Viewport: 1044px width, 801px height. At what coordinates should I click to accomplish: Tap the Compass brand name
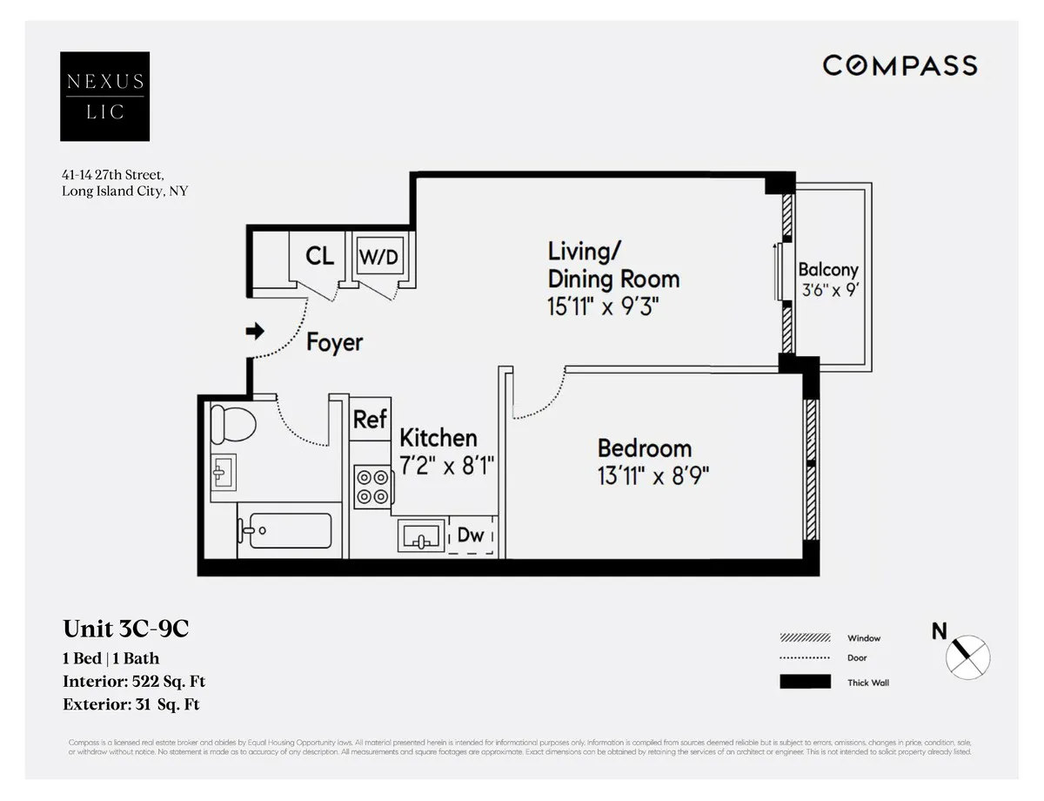click(900, 65)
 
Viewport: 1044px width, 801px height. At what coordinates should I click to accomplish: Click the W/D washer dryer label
click(379, 258)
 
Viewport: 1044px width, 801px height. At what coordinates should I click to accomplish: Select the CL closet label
click(320, 257)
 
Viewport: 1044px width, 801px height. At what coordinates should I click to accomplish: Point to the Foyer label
click(334, 342)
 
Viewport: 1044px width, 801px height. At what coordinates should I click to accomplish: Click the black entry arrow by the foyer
click(256, 331)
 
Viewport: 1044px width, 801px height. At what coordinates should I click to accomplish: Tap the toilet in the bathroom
click(233, 424)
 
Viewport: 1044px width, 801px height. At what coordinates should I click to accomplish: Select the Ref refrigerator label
click(370, 420)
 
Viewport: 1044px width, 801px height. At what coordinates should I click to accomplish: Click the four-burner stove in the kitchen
click(372, 487)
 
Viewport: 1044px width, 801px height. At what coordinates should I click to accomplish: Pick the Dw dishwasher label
click(471, 535)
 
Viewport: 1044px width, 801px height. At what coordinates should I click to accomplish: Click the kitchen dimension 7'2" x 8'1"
click(446, 467)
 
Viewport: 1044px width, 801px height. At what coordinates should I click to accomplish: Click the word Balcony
click(827, 270)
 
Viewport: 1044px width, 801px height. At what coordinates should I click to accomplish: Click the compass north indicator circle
click(967, 656)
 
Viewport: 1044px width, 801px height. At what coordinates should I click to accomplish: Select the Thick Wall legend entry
click(867, 683)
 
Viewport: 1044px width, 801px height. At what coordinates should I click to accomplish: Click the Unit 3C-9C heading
click(126, 629)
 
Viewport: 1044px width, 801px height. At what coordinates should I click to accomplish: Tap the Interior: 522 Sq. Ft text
click(134, 682)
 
